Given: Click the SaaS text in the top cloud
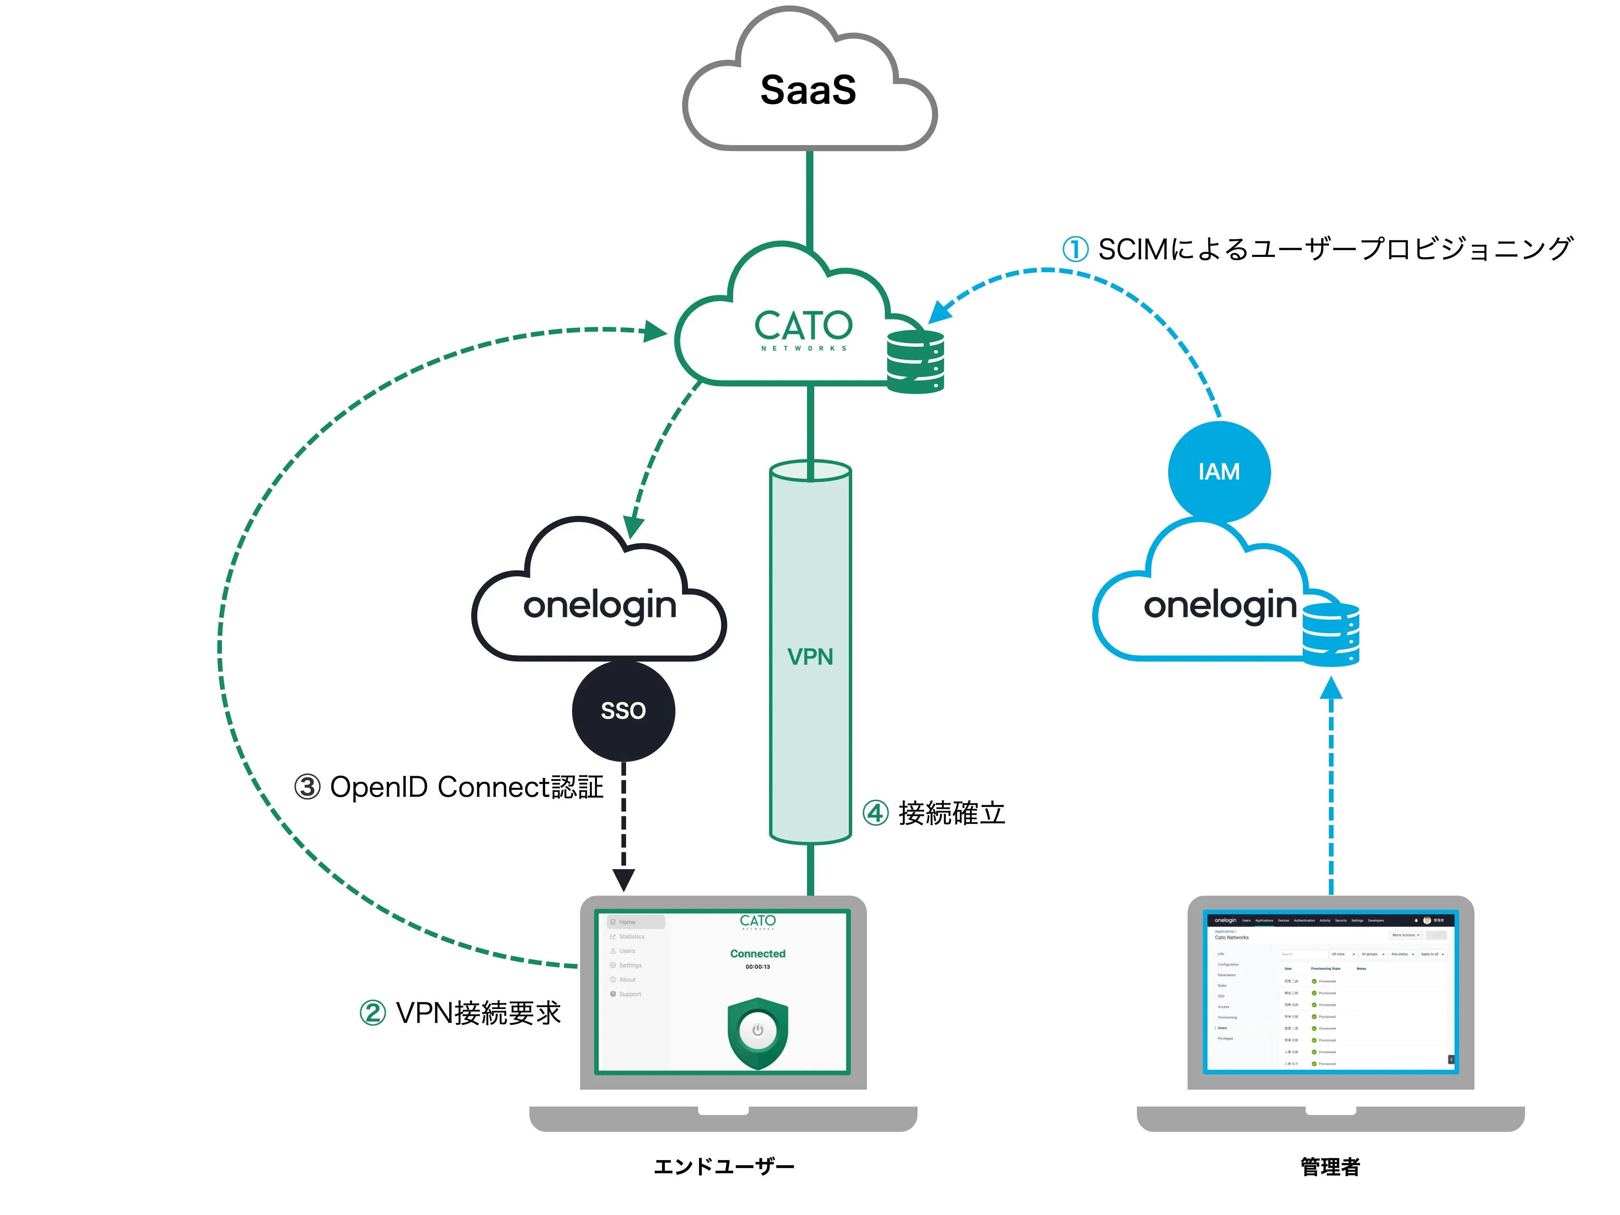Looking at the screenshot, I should click(808, 90).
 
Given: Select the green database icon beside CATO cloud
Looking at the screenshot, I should click(915, 362).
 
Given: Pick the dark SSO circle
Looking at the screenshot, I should click(623, 710).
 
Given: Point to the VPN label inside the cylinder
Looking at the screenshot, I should click(810, 657).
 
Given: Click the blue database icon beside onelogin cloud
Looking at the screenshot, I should click(1331, 634).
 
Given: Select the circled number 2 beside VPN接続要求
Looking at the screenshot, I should click(373, 1014).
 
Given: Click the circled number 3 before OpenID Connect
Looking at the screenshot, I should click(308, 787).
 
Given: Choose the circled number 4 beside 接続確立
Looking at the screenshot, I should click(876, 813).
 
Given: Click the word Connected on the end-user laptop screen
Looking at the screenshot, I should click(757, 953).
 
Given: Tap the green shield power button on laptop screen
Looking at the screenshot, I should click(757, 1031).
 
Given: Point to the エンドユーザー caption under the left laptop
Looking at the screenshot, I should click(724, 1166).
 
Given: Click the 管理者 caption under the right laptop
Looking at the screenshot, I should click(1330, 1166).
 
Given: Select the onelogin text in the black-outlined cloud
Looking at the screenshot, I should click(600, 606).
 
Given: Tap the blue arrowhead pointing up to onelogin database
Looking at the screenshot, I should click(1331, 688).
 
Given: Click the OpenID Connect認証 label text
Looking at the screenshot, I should click(467, 787).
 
